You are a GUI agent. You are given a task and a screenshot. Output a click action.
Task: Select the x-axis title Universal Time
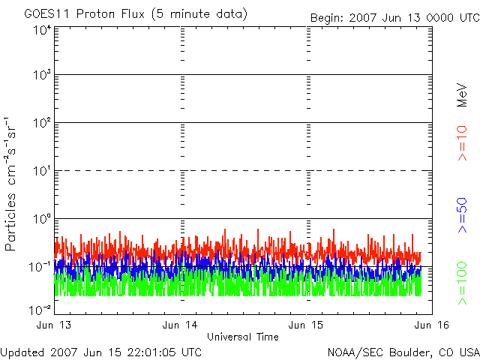point(243,337)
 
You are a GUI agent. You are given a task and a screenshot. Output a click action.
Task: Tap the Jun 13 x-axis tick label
point(54,325)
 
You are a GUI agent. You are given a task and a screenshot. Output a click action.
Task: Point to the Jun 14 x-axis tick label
point(181,325)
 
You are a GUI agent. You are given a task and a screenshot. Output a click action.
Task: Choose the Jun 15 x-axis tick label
point(307,325)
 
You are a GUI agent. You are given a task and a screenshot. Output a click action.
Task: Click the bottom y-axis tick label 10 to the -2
point(40,308)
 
